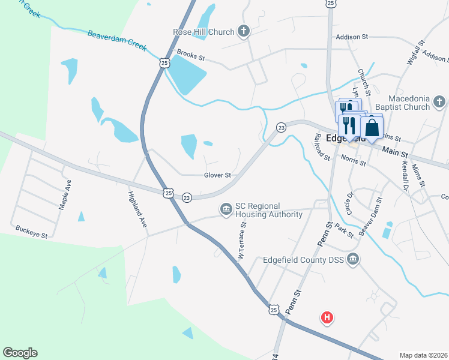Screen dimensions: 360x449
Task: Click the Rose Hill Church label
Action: pyautogui.click(x=203, y=32)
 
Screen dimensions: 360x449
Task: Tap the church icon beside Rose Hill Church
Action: pyautogui.click(x=243, y=31)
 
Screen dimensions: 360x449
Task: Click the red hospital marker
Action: pyautogui.click(x=327, y=317)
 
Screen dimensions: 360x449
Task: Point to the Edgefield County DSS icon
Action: pyautogui.click(x=353, y=260)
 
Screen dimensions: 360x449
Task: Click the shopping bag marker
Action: pyautogui.click(x=372, y=127)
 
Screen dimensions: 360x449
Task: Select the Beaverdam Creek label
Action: pyautogui.click(x=117, y=41)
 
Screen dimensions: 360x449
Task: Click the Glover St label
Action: pyautogui.click(x=217, y=175)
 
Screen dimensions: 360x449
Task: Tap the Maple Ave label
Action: pyautogui.click(x=64, y=194)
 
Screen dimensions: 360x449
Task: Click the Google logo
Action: pyautogui.click(x=20, y=353)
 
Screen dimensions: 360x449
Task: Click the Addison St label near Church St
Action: pyautogui.click(x=352, y=37)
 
